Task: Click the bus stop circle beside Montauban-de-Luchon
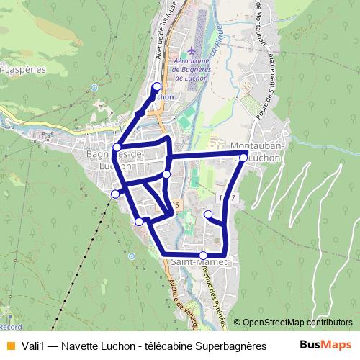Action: [244, 157]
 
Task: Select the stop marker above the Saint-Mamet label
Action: [203, 255]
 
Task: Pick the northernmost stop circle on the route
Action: [157, 87]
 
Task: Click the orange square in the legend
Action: [9, 346]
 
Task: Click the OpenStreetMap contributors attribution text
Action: [297, 323]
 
